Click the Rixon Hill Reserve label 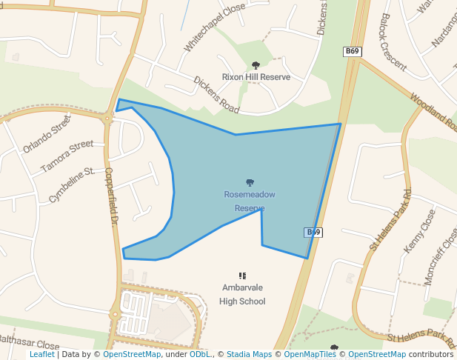[x=256, y=77]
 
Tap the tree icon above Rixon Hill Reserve [x=256, y=65]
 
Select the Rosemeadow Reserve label [x=250, y=201]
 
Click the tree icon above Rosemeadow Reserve [x=250, y=182]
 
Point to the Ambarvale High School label [x=242, y=294]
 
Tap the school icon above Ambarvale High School [x=242, y=276]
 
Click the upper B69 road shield [x=352, y=51]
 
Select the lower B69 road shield [x=313, y=233]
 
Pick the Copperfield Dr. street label [x=112, y=196]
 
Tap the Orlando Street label [x=47, y=133]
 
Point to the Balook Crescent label [x=393, y=41]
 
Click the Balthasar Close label [x=30, y=344]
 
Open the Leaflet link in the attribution [x=42, y=355]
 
